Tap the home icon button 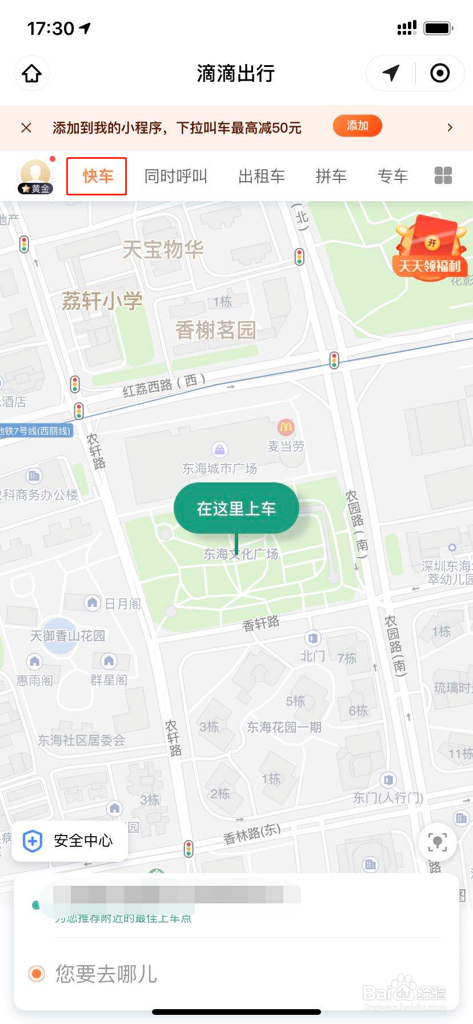pos(32,74)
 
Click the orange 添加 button pos(357,126)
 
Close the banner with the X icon pos(26,127)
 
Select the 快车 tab pos(97,176)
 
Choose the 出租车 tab pos(261,176)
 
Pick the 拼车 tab pos(331,176)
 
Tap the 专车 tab pos(392,176)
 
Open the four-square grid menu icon pos(443,175)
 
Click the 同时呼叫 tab pos(175,176)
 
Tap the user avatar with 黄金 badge pos(35,175)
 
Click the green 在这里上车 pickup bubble pos(236,508)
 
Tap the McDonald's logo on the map pos(286,426)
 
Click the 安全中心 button pos(70,841)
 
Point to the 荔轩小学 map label pos(102,301)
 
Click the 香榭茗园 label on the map pos(215,330)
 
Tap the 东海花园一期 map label pos(284,727)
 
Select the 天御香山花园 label pos(67,635)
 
